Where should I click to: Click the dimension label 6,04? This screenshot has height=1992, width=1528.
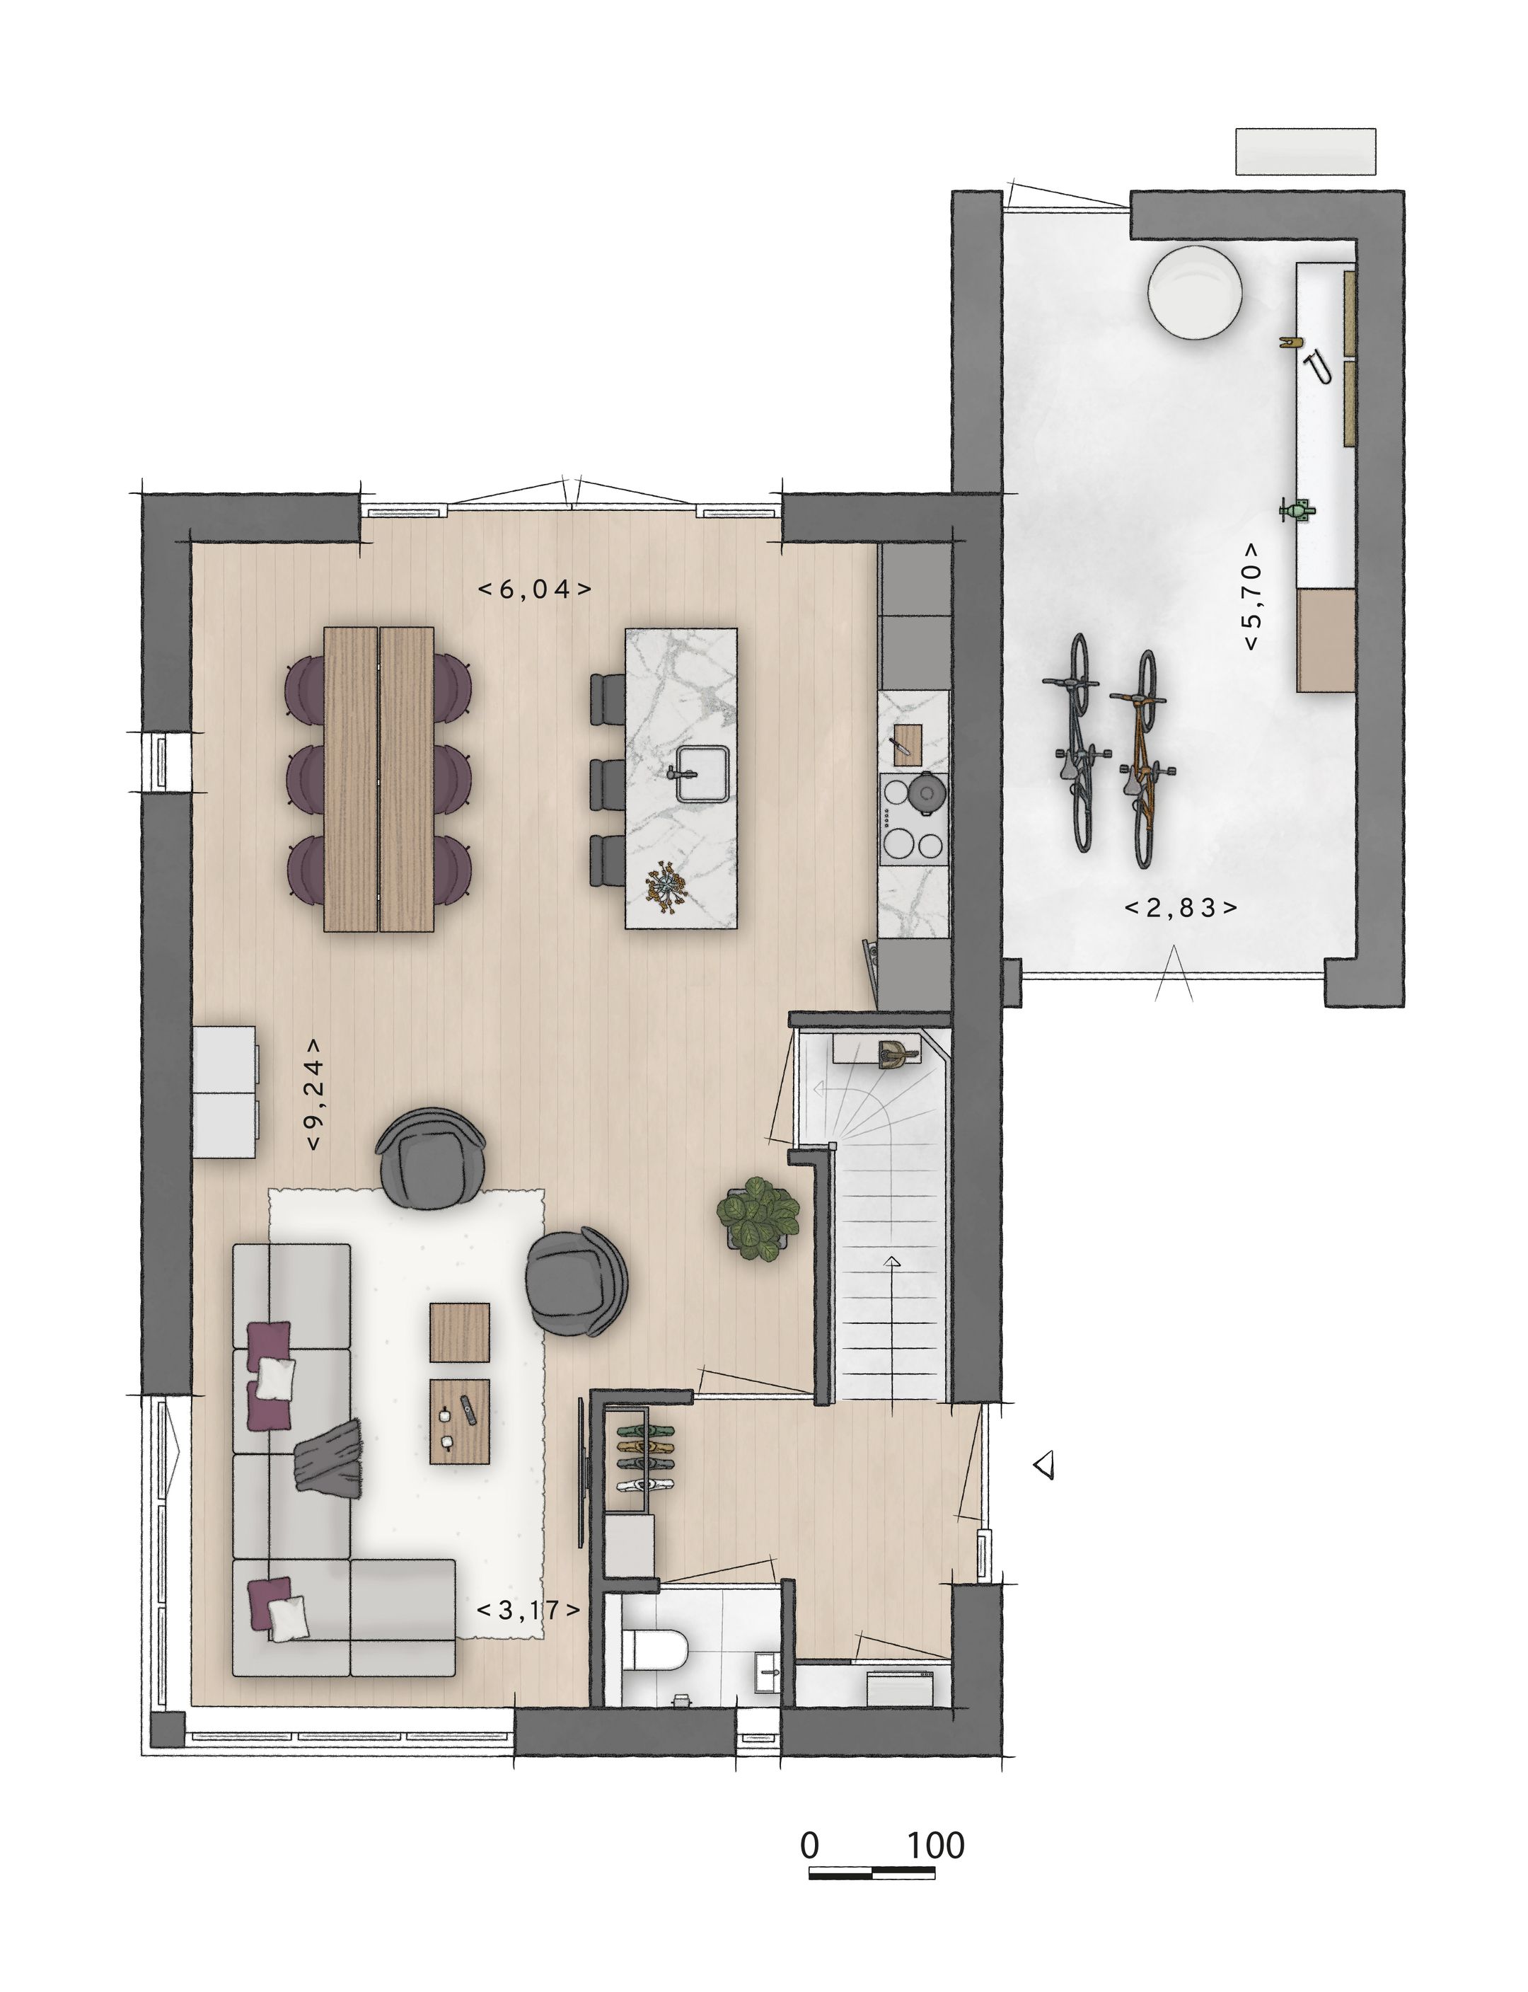pos(535,589)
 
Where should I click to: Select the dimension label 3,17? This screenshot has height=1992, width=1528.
pos(528,1610)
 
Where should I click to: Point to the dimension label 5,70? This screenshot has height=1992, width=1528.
pos(1252,597)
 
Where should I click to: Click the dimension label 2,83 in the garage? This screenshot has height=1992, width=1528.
pos(1181,907)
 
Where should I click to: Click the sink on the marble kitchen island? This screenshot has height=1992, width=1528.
pos(702,773)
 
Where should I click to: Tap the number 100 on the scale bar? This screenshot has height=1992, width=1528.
pos(935,1846)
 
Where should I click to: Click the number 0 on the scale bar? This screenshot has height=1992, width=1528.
pos(809,1846)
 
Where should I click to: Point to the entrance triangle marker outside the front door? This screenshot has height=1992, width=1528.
pos(1044,1464)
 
